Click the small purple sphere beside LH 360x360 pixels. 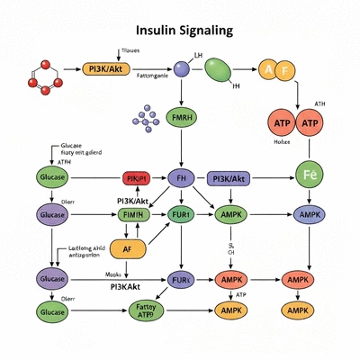tap(181, 68)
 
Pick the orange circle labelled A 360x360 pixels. tap(268, 68)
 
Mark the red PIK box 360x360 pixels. tap(138, 179)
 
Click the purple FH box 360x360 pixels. tap(181, 179)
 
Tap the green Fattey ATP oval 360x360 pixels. tap(144, 310)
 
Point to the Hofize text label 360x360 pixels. tap(283, 141)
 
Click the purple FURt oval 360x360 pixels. tap(181, 280)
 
